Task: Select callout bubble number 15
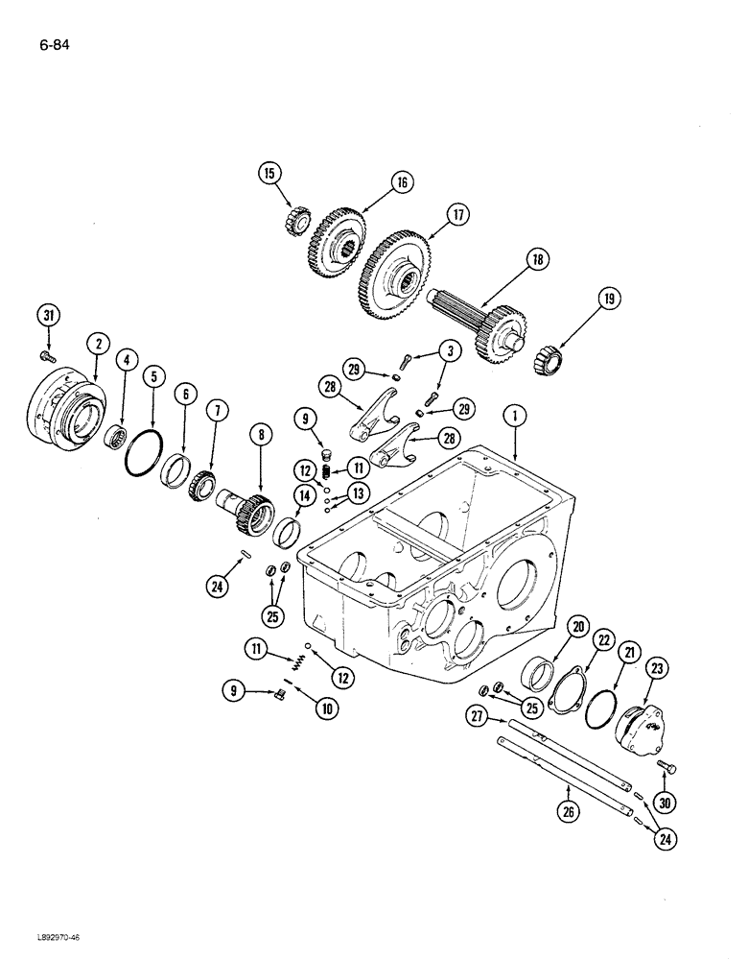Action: (x=270, y=174)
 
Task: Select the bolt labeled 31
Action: (x=47, y=356)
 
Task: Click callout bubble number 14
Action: (x=305, y=496)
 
